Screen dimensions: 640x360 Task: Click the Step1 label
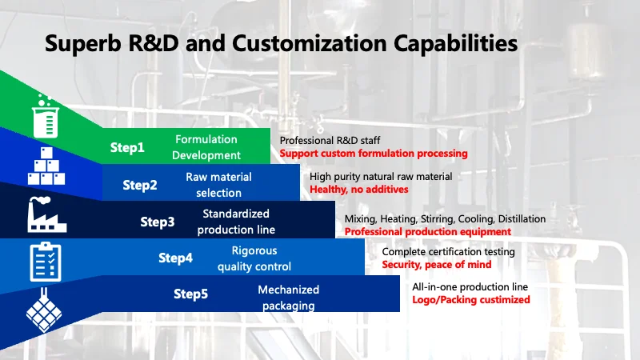tap(128, 147)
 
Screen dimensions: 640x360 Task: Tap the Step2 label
tap(140, 185)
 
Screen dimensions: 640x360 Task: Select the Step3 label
tap(158, 222)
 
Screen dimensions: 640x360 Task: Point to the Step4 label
tap(175, 258)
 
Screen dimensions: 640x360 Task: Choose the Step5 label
tap(191, 294)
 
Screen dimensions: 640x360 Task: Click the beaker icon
tap(46, 115)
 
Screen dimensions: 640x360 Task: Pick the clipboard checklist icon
tap(44, 261)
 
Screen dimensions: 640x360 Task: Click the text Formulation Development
tap(206, 147)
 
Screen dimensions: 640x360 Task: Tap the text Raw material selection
tap(218, 185)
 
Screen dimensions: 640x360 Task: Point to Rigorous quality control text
tap(254, 258)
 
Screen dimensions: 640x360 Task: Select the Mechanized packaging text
tap(288, 297)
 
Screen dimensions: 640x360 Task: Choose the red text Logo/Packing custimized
tap(471, 300)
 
